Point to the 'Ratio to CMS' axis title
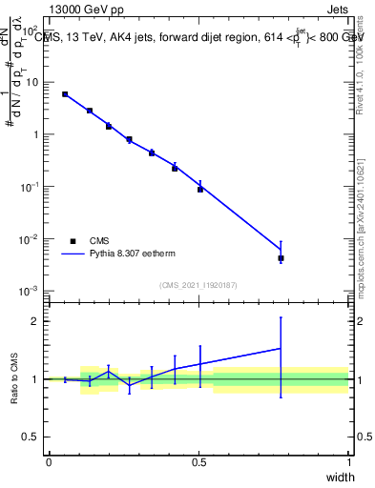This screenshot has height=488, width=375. [x=14, y=379]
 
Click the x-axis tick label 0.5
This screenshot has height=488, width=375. [x=198, y=462]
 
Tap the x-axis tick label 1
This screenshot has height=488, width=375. [x=348, y=462]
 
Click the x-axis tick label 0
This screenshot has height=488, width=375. [x=49, y=462]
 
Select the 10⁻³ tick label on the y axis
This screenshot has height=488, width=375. [x=31, y=291]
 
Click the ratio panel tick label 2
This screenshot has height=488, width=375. [x=34, y=321]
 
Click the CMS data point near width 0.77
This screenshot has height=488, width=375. [x=281, y=258]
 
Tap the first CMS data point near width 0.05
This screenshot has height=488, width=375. [x=65, y=94]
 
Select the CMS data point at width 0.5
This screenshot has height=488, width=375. [x=200, y=189]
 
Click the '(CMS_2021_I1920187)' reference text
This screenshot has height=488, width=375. [x=198, y=285]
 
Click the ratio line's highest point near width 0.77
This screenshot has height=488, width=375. [x=281, y=348]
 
